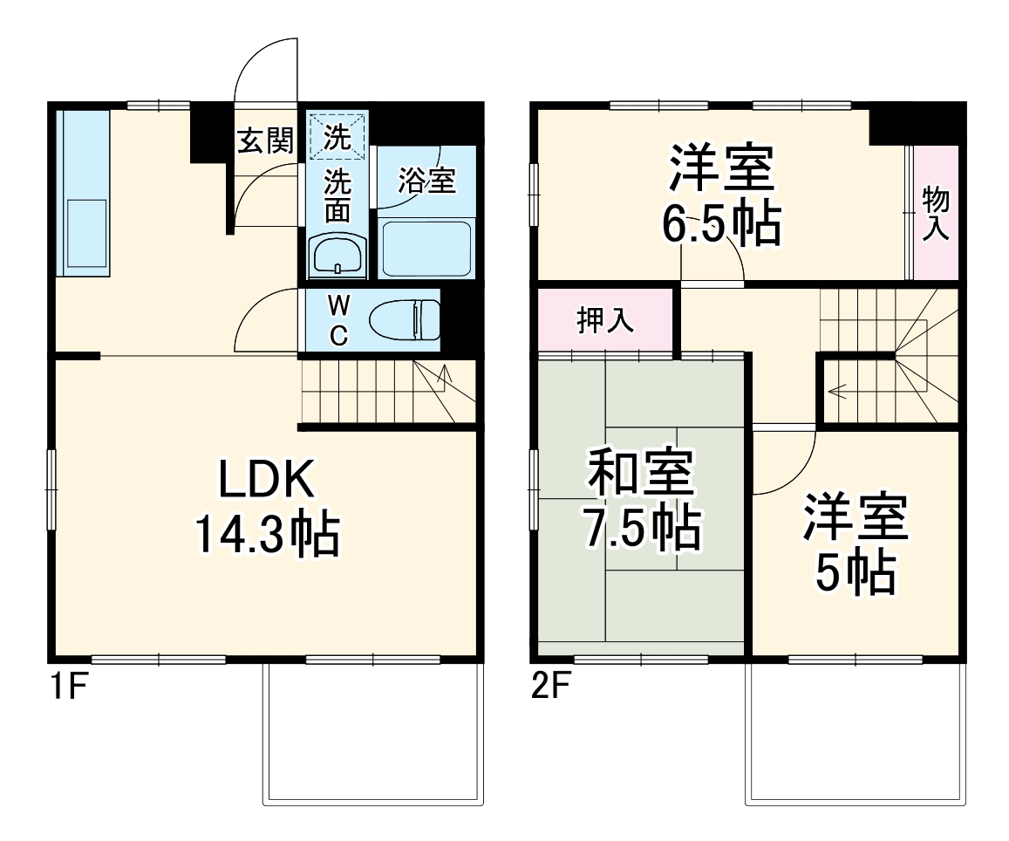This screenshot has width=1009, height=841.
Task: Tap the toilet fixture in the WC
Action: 406,319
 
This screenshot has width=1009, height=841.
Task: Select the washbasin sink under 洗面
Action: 337,256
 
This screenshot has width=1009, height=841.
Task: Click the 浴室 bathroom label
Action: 426,181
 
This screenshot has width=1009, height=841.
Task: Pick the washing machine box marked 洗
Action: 337,135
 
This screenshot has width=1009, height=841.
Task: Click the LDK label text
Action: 264,480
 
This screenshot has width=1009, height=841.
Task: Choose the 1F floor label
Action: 66,689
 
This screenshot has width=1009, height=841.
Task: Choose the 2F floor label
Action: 550,689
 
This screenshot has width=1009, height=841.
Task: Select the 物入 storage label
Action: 935,214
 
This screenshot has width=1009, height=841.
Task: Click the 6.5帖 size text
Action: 721,225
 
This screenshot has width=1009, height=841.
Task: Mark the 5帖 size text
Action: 856,573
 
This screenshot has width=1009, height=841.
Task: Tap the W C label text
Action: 339,319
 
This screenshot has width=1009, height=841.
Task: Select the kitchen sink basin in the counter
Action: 85,234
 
